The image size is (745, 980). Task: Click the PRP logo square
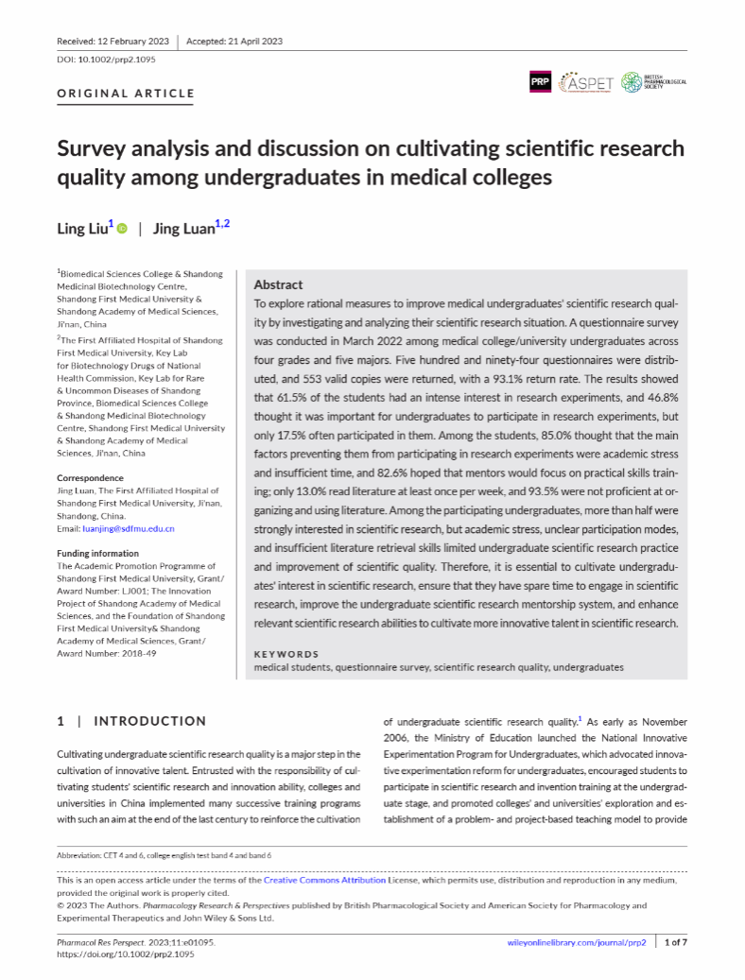click(x=540, y=82)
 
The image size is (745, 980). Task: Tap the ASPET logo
click(x=586, y=82)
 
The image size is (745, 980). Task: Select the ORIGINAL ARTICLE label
click(x=126, y=94)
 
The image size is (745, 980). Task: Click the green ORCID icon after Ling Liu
click(x=122, y=229)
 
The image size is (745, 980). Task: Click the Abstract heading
click(x=278, y=284)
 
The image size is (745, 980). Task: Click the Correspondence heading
click(x=90, y=478)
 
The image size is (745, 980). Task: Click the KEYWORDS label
click(x=286, y=654)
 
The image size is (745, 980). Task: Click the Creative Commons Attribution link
click(x=324, y=880)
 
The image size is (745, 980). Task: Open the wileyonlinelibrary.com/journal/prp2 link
click(x=576, y=943)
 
